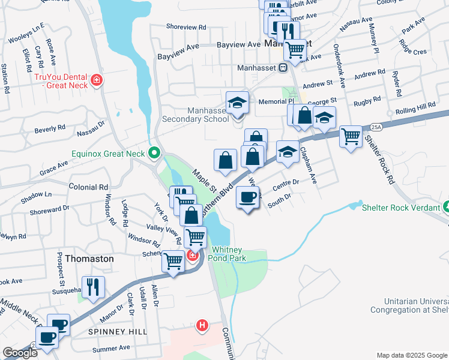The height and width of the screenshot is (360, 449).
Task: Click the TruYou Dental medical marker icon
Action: (95, 80)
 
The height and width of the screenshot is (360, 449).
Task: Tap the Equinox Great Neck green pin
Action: (154, 154)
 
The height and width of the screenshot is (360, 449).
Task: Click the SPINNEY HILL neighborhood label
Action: (97, 332)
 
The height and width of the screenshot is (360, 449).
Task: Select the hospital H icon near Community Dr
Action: (202, 326)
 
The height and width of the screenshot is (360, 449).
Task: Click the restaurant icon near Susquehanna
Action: (93, 287)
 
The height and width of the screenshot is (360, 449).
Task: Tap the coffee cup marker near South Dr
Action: (247, 197)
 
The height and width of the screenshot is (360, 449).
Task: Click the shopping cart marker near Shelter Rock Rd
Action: (351, 136)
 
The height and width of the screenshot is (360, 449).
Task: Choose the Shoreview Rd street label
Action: (186, 28)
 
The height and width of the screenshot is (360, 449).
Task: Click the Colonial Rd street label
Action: (88, 187)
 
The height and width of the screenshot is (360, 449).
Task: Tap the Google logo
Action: (20, 353)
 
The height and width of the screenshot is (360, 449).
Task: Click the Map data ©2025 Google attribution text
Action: (412, 355)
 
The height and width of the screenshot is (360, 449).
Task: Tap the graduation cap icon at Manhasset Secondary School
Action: (237, 102)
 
